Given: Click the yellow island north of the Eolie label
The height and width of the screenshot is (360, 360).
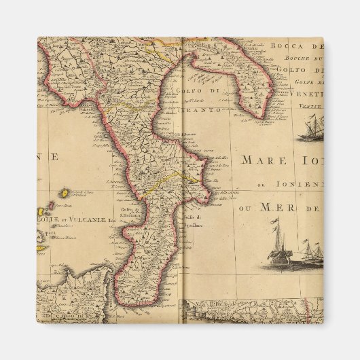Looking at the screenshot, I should [x=64, y=193].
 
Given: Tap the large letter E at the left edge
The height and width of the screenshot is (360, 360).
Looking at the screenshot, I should [x=54, y=157].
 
